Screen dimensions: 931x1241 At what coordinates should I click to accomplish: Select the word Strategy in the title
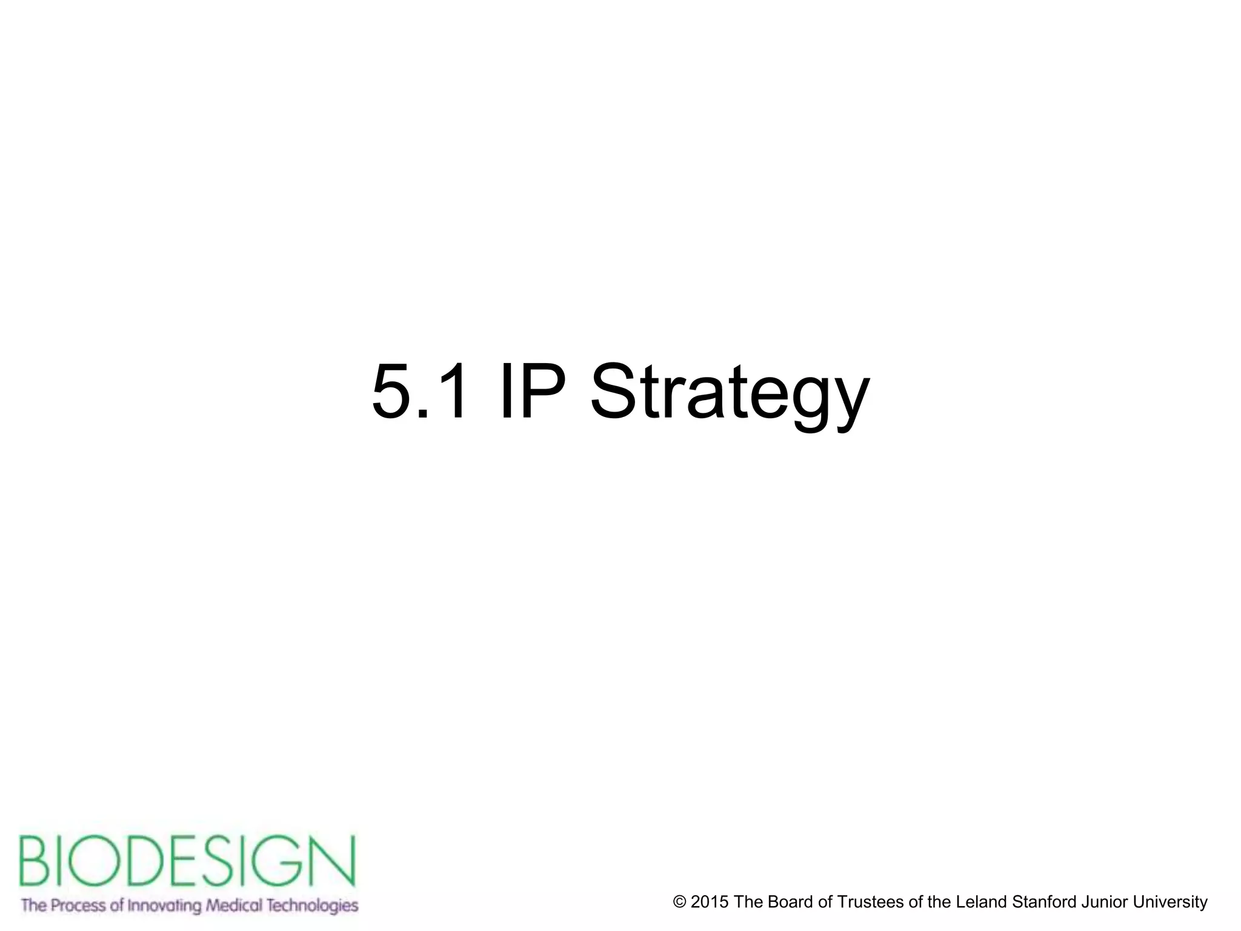[730, 394]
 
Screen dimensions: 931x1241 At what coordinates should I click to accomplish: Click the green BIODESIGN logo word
[187, 862]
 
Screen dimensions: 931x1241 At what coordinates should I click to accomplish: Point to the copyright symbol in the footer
[679, 902]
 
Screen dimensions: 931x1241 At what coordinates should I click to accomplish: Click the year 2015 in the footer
[710, 902]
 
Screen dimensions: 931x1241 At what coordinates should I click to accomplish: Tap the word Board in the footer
[791, 902]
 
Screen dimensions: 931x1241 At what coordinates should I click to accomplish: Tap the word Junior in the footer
[1104, 902]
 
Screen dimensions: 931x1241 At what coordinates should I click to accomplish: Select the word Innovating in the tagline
[163, 906]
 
